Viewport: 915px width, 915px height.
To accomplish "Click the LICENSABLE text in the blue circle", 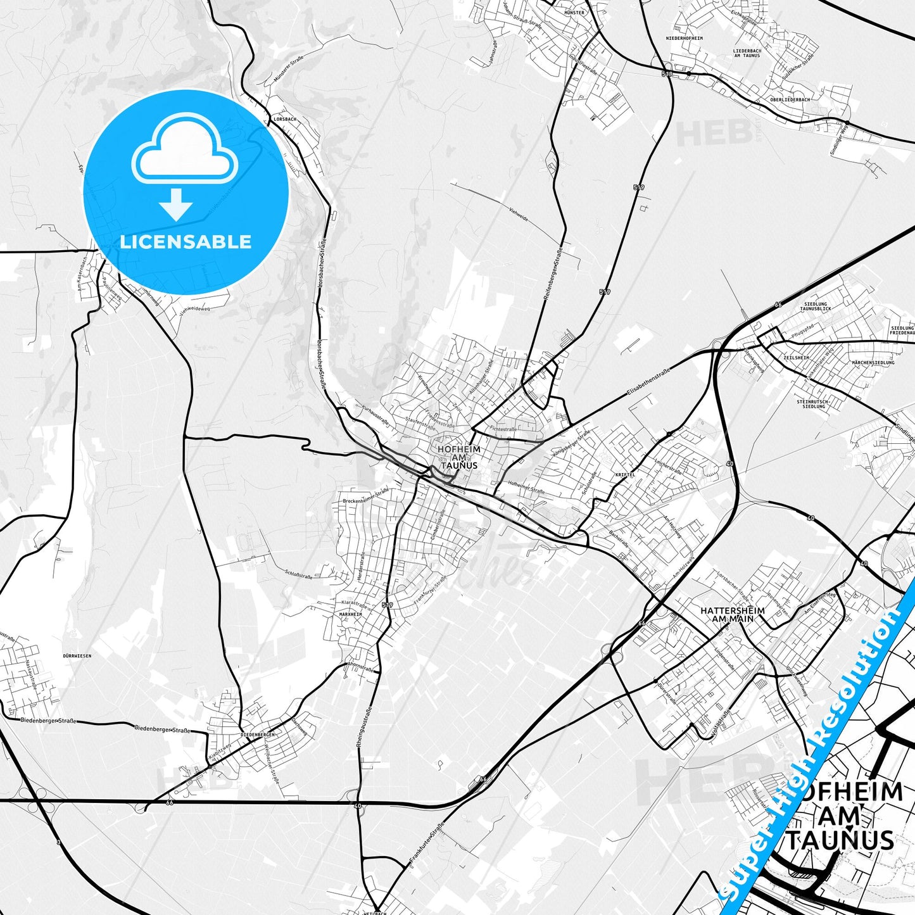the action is (x=186, y=242).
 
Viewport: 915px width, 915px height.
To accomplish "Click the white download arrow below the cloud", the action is (x=176, y=204).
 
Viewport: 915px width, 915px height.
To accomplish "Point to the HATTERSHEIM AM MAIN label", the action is (x=732, y=614).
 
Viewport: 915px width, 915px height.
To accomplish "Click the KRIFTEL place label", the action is (x=624, y=474).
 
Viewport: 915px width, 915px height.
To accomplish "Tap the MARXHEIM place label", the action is (x=350, y=614).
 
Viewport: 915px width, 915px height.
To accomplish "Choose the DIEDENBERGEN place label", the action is (x=258, y=735).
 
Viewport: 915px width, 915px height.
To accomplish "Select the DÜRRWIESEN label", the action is (x=77, y=656).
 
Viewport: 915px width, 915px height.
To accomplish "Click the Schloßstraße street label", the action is (x=300, y=575).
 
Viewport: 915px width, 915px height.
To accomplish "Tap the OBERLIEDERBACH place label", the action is (x=790, y=99).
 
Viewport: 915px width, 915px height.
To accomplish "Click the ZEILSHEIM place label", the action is (x=796, y=358).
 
